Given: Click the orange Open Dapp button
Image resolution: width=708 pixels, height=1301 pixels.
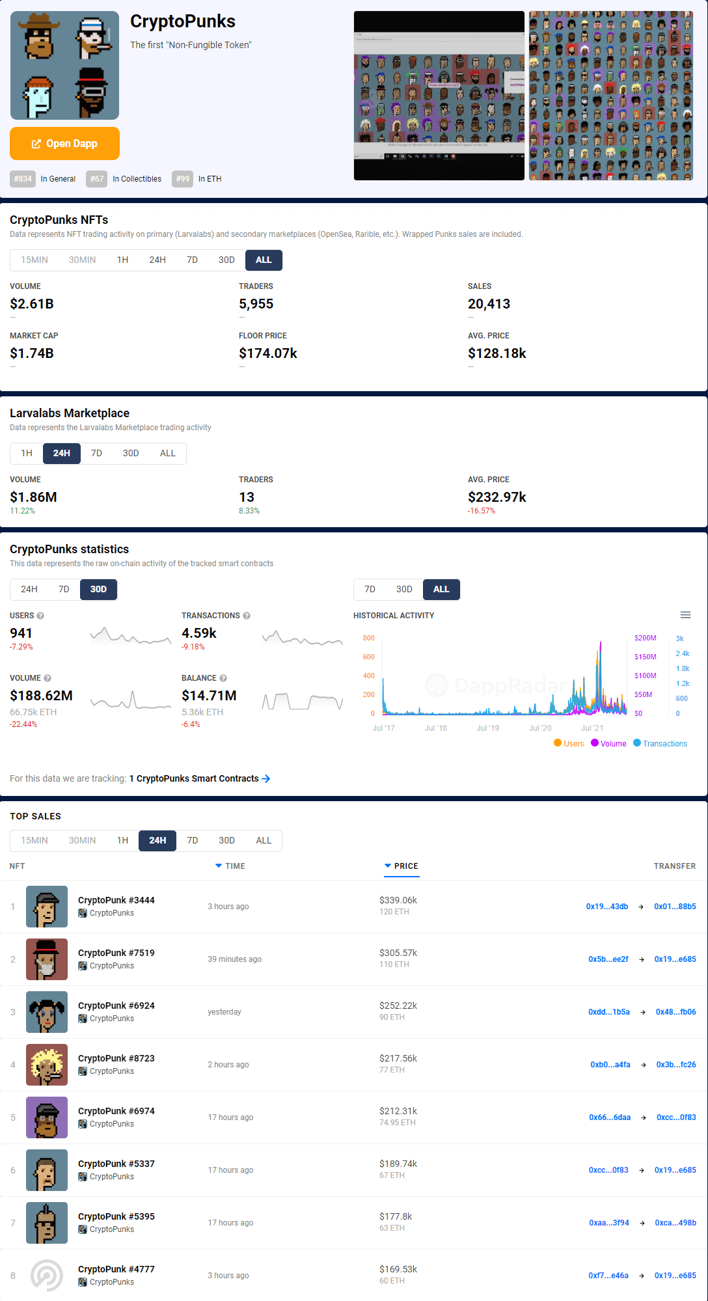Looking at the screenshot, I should [64, 143].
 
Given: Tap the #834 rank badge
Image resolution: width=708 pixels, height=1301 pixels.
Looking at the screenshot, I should [23, 179].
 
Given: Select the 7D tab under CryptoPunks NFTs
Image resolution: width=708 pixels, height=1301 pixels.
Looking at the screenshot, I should [192, 260].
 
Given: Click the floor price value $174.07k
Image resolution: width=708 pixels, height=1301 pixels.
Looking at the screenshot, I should [267, 353].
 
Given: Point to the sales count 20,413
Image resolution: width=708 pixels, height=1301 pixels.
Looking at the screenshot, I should [489, 304].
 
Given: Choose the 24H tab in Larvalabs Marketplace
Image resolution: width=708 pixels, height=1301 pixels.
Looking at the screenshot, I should [62, 453].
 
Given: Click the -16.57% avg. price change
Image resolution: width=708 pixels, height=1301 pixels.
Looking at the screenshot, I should [481, 511].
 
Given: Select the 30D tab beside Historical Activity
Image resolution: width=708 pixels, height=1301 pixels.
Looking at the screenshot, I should [404, 589].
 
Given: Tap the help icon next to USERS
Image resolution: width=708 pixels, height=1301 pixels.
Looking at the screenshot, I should [40, 616].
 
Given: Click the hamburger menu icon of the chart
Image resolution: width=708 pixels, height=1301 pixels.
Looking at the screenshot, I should [685, 615].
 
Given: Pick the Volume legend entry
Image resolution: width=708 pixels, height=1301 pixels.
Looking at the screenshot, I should [608, 743].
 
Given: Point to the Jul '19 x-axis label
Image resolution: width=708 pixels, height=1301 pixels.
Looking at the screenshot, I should [487, 728].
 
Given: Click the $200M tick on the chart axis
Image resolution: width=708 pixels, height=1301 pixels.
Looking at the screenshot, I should [645, 638].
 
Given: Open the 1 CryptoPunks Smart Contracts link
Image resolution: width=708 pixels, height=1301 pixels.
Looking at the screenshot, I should [199, 778].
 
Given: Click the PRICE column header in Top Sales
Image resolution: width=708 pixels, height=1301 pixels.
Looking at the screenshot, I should [405, 866].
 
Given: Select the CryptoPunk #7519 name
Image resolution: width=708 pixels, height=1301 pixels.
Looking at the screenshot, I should [116, 953].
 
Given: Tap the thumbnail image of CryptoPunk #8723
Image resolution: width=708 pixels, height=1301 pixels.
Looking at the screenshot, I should [47, 1065].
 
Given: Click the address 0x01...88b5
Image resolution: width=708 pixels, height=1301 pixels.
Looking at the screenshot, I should [675, 906].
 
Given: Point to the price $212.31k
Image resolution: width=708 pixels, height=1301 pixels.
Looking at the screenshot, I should [398, 1111].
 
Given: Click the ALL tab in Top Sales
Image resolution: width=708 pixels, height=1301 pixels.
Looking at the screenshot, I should [264, 840].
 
